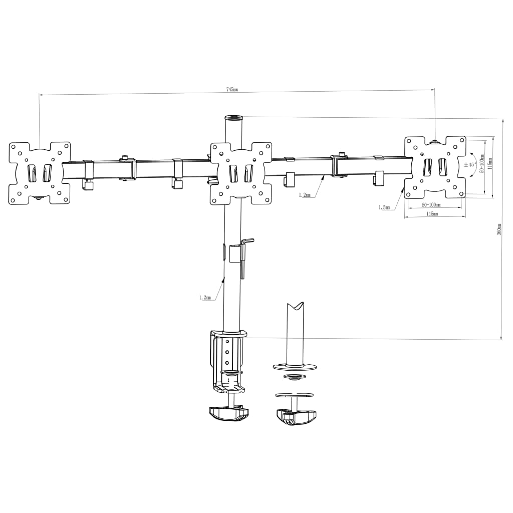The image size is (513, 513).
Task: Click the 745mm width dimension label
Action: pyautogui.click(x=232, y=89)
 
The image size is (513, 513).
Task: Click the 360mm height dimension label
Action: pyautogui.click(x=499, y=229)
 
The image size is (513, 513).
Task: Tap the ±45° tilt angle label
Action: pyautogui.click(x=469, y=164)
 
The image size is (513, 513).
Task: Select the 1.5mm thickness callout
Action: pyautogui.click(x=384, y=207)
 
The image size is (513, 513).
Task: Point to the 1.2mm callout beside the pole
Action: pyautogui.click(x=205, y=298)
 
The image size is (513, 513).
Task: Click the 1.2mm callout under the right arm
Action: pyautogui.click(x=305, y=195)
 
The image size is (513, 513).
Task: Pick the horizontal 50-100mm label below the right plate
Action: pyautogui.click(x=431, y=205)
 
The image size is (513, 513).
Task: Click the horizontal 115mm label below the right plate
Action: pyautogui.click(x=432, y=213)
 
